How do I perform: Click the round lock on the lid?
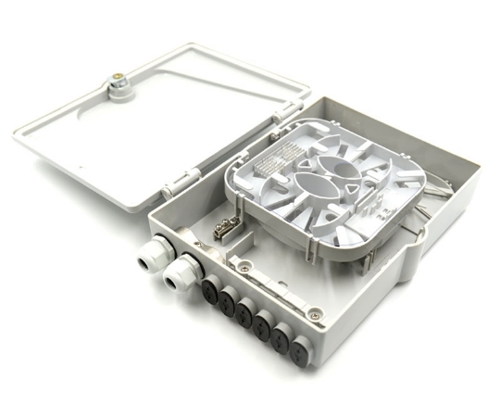119,87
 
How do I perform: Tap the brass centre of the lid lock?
119,84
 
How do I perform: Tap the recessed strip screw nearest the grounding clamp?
243,267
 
